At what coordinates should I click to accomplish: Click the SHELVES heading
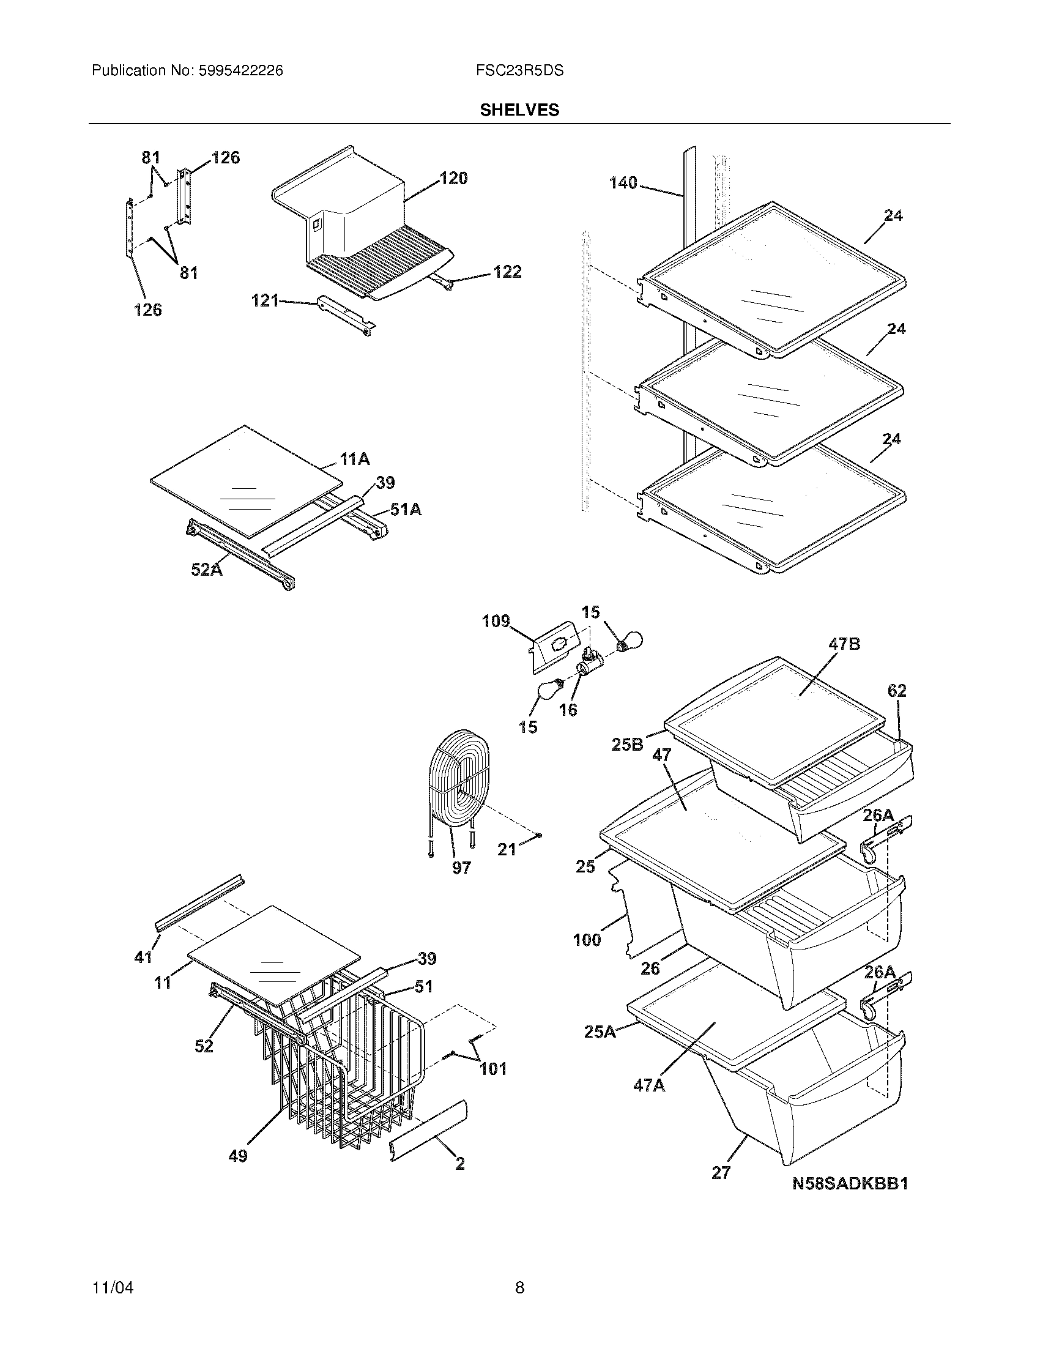click(x=519, y=110)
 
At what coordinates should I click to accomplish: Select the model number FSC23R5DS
click(x=519, y=71)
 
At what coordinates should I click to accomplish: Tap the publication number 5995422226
click(x=241, y=71)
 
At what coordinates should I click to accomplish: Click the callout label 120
click(x=453, y=178)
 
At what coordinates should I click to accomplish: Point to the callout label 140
click(x=623, y=183)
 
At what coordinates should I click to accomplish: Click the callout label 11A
click(x=354, y=458)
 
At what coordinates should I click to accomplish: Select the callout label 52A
click(x=206, y=570)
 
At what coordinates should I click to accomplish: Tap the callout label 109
click(x=496, y=620)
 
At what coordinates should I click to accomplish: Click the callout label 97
click(x=461, y=868)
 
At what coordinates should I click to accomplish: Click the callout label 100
click(x=587, y=940)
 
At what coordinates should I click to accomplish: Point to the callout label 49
click(x=238, y=1156)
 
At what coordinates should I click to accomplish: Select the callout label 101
click(x=493, y=1068)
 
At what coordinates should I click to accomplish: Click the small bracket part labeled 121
click(x=345, y=314)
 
